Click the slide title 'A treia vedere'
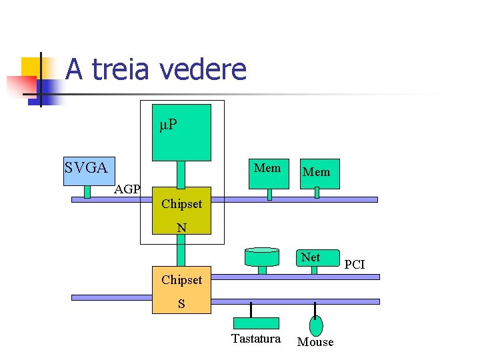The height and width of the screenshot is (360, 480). coord(156,69)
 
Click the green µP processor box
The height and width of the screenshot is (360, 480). coord(181,133)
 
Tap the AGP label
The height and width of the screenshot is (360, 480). coord(127,189)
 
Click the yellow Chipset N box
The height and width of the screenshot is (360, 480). coord(181,210)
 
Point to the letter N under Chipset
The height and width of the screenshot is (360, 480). coord(181,228)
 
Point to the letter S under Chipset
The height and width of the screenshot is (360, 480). coord(181,304)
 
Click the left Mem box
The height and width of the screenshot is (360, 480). coord(268,173)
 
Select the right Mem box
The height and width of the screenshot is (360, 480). coord(317,173)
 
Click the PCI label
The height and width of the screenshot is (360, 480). coord(355,265)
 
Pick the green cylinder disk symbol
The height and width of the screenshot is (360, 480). coord(262,257)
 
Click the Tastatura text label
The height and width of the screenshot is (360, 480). coord(256,339)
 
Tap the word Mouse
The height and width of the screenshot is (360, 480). coord(315,342)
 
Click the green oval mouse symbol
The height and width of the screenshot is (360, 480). coord(316,325)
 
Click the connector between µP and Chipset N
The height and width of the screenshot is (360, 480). coord(181,174)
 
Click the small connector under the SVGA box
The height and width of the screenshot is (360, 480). coord(87,191)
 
